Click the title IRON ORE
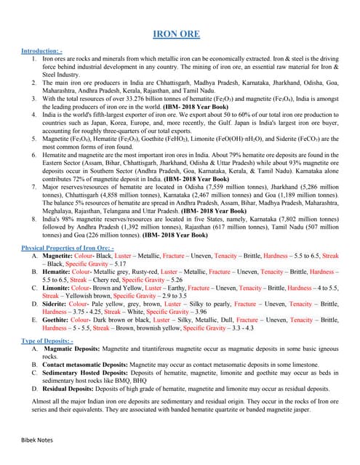coord(180,33)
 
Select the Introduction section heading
coord(43,52)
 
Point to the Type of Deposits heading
coord(47,340)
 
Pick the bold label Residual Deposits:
coord(71,389)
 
